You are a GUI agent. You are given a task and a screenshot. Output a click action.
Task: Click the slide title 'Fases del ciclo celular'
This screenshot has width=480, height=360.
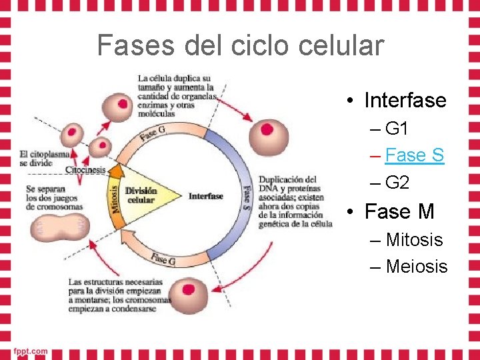pos(240,45)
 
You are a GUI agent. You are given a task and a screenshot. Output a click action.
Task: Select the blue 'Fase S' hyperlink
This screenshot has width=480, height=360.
pos(414,155)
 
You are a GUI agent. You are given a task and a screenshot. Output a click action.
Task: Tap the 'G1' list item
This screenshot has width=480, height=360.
pos(397,129)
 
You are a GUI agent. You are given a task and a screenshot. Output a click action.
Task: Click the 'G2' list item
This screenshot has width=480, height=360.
pos(397,183)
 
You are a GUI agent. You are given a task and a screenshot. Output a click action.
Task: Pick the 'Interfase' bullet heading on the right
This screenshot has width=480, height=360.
pos(405,101)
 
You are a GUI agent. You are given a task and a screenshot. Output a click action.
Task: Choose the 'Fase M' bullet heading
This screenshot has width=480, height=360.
pos(399,212)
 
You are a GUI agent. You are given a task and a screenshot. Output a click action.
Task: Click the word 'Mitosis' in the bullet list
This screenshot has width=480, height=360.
pos(414,239)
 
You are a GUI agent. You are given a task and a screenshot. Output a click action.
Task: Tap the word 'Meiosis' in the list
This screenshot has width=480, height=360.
pos(417,267)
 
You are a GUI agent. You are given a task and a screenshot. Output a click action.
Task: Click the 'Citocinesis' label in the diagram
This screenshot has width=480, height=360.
pos(85,170)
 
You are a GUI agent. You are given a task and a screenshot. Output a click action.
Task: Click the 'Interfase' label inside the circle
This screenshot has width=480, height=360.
pos(206,196)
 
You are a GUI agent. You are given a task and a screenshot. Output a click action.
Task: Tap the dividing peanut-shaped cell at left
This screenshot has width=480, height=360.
pos(58,229)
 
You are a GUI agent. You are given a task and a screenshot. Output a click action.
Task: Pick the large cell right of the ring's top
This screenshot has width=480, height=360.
pos(268,135)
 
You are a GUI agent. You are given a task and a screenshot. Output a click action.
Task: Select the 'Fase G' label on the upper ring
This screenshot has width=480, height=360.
pos(153,133)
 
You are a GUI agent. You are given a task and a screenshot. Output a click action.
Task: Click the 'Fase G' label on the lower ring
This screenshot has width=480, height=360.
pos(163,259)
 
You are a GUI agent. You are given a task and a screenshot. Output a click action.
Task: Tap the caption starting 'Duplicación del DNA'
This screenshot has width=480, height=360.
pos(295,201)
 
